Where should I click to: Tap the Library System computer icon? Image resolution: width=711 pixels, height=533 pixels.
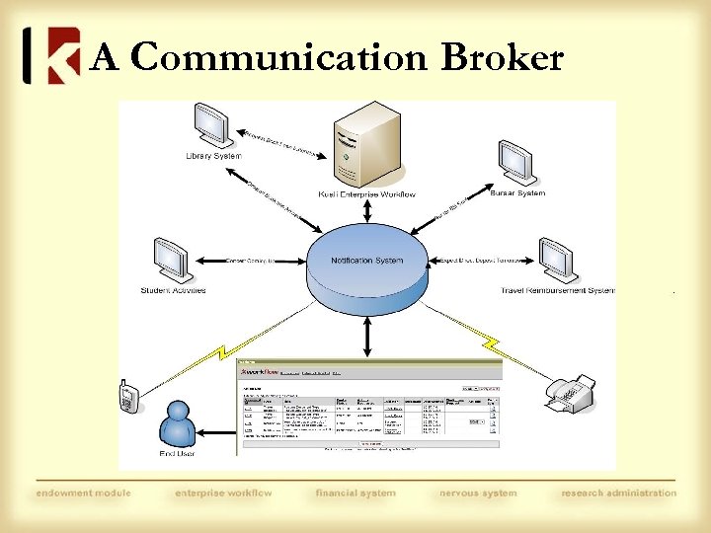211,125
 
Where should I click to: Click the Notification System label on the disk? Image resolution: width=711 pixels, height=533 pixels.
367,261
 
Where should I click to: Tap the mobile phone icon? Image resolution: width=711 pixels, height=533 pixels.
127,397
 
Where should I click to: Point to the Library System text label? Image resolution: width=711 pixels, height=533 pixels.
213,156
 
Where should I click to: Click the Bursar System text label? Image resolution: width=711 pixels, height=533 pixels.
516,193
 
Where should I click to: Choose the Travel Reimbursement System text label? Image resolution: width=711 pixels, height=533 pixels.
558,290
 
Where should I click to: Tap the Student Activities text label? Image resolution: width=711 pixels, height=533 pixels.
173,290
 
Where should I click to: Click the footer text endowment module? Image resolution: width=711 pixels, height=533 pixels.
83,493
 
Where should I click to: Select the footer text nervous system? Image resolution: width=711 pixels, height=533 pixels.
479,493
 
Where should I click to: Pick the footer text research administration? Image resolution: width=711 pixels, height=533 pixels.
619,493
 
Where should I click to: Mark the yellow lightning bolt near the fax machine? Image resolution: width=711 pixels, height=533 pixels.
491,344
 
